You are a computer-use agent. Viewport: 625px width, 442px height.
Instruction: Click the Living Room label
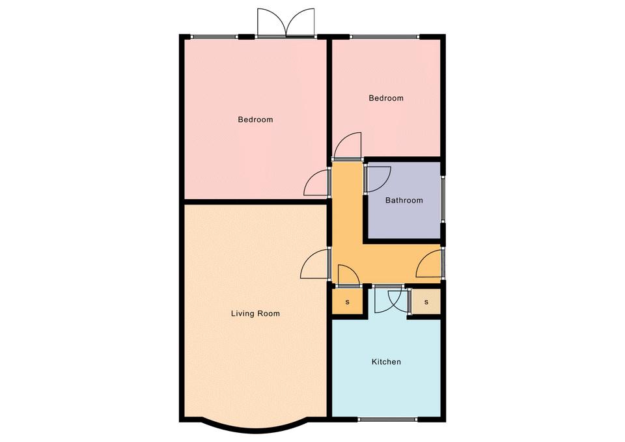pos(255,314)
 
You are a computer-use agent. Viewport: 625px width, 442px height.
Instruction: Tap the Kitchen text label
pos(386,362)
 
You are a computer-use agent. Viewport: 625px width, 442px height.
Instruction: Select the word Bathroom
pos(404,200)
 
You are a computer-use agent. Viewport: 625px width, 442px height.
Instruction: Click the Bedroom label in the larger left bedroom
pos(255,120)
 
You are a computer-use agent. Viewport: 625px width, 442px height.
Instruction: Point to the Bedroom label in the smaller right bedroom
pos(386,98)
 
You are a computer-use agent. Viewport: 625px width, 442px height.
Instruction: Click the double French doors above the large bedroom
pos(286,23)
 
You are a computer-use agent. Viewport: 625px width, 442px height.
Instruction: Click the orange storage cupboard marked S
pos(348,302)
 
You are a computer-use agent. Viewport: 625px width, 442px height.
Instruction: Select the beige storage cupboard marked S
pos(426,301)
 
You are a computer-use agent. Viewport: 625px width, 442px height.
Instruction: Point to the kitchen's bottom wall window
pos(387,419)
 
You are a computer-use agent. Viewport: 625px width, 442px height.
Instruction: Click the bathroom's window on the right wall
pos(443,199)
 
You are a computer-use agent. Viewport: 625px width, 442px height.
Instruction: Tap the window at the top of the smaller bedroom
pos(385,36)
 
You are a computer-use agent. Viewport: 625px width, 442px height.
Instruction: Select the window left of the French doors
pos(215,36)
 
